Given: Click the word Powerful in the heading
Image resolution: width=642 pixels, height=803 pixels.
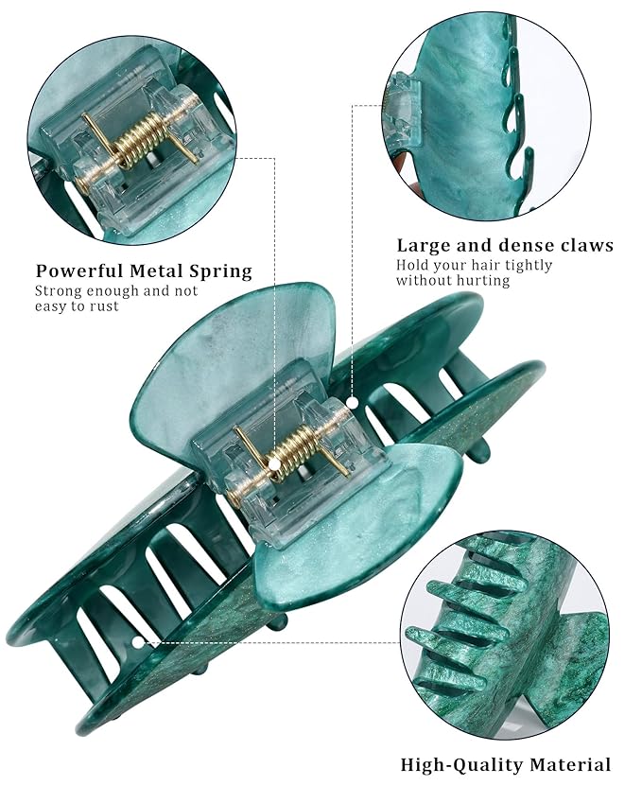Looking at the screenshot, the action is coord(78,271).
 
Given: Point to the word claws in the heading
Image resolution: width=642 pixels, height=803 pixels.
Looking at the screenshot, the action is coord(587,245).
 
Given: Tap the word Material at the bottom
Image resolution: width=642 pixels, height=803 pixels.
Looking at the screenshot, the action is coord(570,764).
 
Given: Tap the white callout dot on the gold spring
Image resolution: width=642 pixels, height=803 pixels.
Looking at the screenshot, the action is coord(275,464).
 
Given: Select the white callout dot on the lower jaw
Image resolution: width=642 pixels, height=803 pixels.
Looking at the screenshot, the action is coord(138,641).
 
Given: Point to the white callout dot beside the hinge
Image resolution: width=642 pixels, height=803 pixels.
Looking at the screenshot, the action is coord(353,403).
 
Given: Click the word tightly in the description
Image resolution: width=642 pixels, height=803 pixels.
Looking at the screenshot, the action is coord(529,265).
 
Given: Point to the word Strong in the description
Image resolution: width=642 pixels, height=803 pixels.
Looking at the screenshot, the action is coord(58,291).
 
